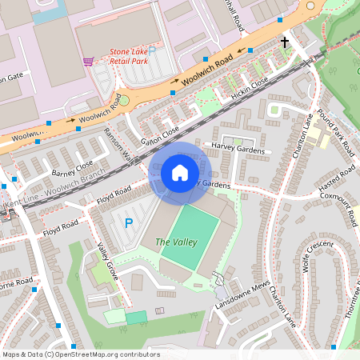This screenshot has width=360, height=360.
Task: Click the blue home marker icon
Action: point(180,172)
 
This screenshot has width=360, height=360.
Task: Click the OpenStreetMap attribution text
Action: point(80,354)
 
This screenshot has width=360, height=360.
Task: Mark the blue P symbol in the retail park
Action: point(152,50)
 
